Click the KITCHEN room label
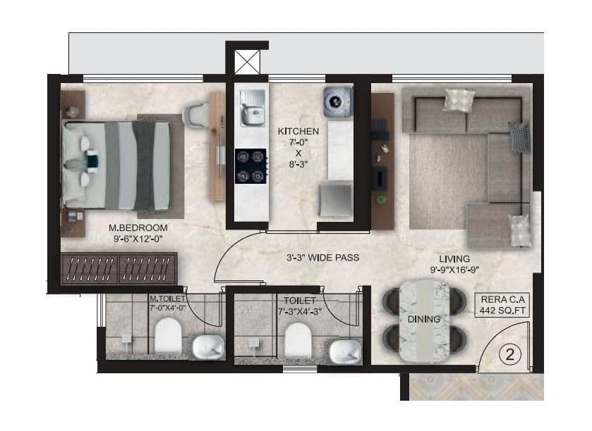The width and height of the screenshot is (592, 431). pyautogui.click(x=298, y=132)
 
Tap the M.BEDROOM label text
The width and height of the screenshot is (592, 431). pyautogui.click(x=138, y=227)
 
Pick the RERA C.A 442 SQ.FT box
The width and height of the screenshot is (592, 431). pyautogui.click(x=502, y=304)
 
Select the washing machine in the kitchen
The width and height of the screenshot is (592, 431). pyautogui.click(x=335, y=101)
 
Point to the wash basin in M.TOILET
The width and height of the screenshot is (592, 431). pyautogui.click(x=207, y=346)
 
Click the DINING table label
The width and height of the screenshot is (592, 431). pyautogui.click(x=423, y=319)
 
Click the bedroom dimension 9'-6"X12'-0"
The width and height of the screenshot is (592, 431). pyautogui.click(x=138, y=239)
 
